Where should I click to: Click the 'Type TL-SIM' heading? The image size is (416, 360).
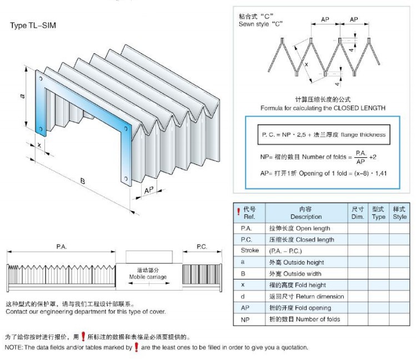click(x=33, y=26)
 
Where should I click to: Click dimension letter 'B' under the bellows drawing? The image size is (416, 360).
click(x=82, y=181)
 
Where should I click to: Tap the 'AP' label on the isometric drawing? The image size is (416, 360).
click(x=148, y=191)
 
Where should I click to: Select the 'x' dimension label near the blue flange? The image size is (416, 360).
click(x=39, y=146)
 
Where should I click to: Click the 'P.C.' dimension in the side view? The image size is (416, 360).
click(x=202, y=246)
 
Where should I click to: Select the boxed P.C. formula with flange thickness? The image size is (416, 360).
click(x=323, y=135)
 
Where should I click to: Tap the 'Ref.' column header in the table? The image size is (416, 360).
click(x=249, y=217)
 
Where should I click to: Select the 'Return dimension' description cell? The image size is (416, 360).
click(x=306, y=296)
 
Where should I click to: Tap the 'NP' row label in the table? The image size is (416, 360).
click(x=245, y=319)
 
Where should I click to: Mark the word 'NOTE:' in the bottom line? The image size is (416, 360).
click(x=14, y=347)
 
